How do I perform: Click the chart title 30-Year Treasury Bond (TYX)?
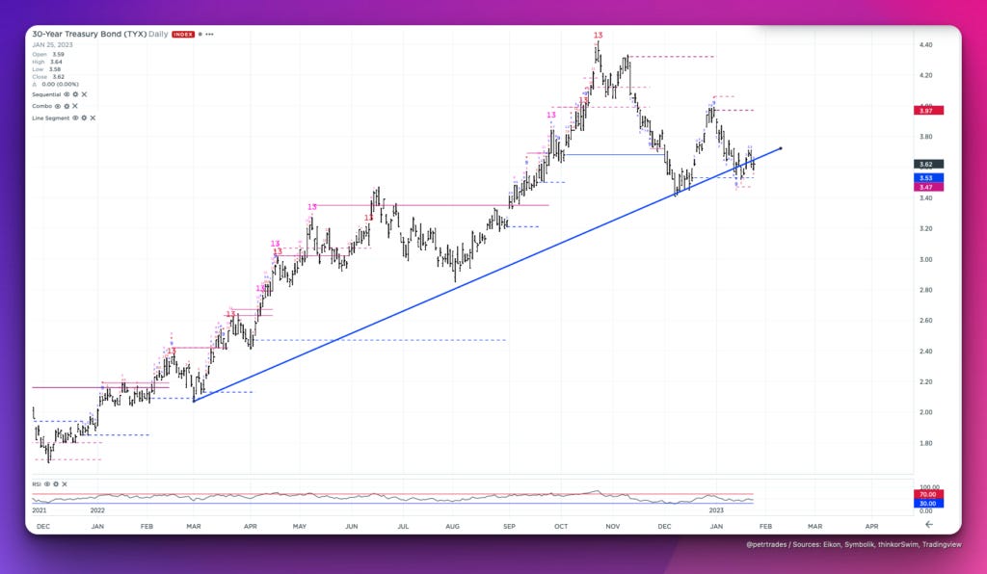(89, 34)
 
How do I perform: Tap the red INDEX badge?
(183, 35)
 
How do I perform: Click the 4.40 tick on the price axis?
(925, 44)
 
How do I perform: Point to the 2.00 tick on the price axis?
(925, 412)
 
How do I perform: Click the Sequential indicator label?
(47, 94)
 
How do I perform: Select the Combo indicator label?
(42, 106)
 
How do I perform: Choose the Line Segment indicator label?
(50, 117)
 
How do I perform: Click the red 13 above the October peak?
(598, 35)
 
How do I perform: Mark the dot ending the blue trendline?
(779, 147)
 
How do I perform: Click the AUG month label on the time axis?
(453, 527)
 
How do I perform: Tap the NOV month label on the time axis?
(612, 527)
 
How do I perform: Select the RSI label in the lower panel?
(37, 483)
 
